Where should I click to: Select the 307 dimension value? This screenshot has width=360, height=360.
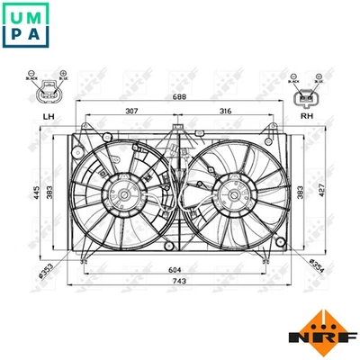[131, 111]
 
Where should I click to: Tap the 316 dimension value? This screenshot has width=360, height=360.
[226, 111]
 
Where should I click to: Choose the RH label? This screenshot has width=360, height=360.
[307, 116]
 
